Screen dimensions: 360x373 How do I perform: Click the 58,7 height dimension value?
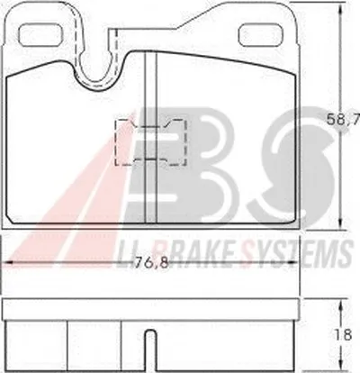343,121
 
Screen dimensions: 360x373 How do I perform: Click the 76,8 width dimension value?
150,263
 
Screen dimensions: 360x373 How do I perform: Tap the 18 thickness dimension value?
344,334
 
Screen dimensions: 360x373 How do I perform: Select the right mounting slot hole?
261,34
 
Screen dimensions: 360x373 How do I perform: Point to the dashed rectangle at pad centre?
151,142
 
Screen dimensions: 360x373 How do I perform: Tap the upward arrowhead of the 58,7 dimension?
340,6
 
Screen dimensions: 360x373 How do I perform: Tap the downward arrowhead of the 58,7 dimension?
340,223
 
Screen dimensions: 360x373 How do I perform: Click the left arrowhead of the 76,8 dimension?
9,262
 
